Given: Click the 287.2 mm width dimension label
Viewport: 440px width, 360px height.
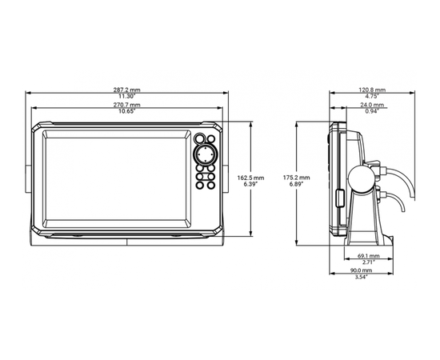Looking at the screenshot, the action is pyautogui.click(x=126, y=90).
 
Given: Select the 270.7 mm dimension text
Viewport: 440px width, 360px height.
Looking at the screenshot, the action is pyautogui.click(x=126, y=105).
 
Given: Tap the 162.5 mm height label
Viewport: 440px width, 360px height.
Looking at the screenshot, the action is pyautogui.click(x=250, y=178).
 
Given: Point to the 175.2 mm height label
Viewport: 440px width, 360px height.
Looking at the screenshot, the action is pyautogui.click(x=296, y=178).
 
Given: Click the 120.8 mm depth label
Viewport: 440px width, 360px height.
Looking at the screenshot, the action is pyautogui.click(x=372, y=90).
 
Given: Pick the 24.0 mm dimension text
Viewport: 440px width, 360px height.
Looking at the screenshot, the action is pyautogui.click(x=372, y=105).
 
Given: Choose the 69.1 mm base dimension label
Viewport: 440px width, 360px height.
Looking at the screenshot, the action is pyautogui.click(x=369, y=256).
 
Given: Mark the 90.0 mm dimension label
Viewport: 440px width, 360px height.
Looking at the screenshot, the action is pyautogui.click(x=361, y=270).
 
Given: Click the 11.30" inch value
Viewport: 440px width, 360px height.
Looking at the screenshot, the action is pyautogui.click(x=126, y=96).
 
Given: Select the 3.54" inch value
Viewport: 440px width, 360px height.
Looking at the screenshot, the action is pyautogui.click(x=361, y=277).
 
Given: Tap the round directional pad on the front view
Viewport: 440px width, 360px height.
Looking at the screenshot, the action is pyautogui.click(x=205, y=154).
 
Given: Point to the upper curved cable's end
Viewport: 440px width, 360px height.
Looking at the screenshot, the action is pyautogui.click(x=412, y=198).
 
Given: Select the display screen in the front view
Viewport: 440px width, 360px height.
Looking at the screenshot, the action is pyautogui.click(x=117, y=178).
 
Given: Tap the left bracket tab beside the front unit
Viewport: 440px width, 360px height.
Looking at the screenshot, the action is pyautogui.click(x=28, y=179).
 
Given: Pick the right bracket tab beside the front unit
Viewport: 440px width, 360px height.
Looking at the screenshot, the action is pyautogui.click(x=226, y=179).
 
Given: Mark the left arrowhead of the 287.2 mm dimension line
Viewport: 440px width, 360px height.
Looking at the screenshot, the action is pyautogui.click(x=27, y=93).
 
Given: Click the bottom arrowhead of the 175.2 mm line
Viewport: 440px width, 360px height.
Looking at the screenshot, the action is pyautogui.click(x=297, y=243).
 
